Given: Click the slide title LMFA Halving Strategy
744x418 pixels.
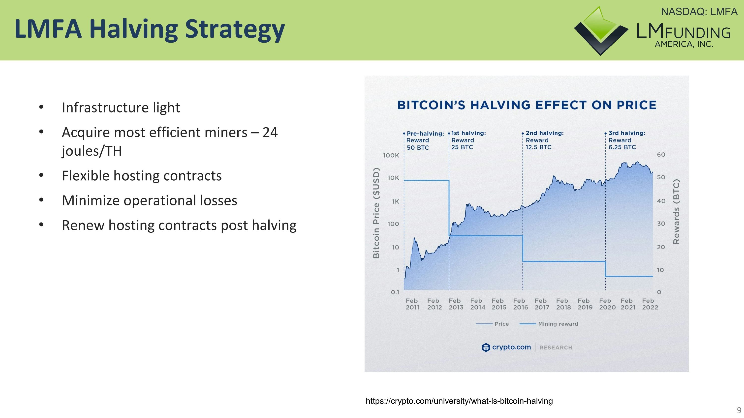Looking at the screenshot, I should click(x=149, y=29).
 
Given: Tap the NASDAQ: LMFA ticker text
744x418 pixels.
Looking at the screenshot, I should click(x=699, y=12).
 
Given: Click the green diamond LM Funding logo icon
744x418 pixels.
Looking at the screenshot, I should click(x=601, y=30).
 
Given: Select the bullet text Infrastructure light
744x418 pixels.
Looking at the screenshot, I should click(x=121, y=108).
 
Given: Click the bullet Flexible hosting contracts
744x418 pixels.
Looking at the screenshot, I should click(x=142, y=176).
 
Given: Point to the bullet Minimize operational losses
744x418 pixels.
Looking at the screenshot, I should click(x=149, y=200).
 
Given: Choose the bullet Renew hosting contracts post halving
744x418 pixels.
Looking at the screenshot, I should click(x=179, y=225).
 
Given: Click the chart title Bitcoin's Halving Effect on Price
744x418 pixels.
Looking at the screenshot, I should click(x=527, y=105).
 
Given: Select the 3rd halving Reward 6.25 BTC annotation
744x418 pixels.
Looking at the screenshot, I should click(x=626, y=140).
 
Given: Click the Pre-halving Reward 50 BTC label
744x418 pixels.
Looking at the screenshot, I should click(x=424, y=140).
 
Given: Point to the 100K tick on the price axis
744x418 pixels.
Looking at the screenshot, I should click(x=391, y=156).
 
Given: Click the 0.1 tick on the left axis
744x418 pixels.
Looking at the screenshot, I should click(x=395, y=292).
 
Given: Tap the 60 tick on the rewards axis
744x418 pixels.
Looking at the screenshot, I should click(x=661, y=155).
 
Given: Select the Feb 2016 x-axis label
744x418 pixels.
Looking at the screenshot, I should click(x=520, y=304).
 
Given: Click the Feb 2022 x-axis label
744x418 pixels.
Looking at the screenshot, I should click(x=650, y=304).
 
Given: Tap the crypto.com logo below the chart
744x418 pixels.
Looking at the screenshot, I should click(x=506, y=347).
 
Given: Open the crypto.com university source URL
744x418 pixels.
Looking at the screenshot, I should click(x=459, y=401).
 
